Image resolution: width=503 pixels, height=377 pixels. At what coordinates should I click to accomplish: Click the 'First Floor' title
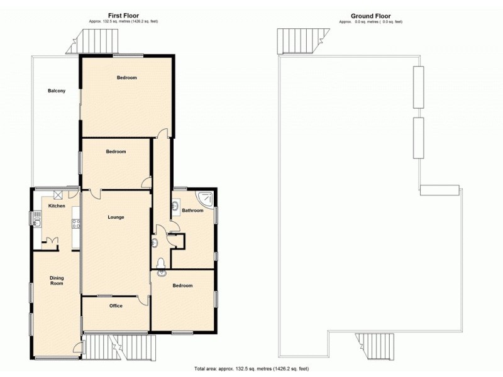[x=123, y=15]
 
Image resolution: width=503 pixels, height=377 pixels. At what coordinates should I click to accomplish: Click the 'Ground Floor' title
[x=371, y=15]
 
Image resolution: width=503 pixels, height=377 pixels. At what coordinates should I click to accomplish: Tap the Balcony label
[x=57, y=91]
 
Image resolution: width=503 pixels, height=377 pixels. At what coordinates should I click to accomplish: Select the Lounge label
[x=116, y=217]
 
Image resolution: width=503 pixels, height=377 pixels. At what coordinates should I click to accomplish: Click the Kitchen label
[x=57, y=205]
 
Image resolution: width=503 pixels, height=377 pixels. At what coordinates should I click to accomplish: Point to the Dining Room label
[x=57, y=280]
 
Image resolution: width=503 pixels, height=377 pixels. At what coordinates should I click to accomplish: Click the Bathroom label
[x=193, y=210]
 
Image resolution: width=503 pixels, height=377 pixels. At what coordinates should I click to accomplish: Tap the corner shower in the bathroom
[x=206, y=200]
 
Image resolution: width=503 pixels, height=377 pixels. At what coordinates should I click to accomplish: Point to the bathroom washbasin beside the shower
[x=177, y=205]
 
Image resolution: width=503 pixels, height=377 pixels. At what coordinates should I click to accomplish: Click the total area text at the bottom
[x=251, y=369]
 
